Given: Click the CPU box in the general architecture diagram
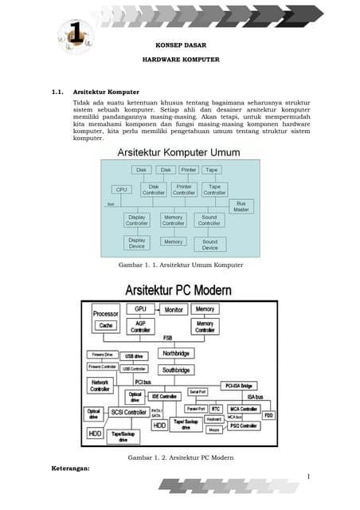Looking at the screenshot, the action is pos(122,190).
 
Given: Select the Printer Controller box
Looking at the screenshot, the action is pos(184,189).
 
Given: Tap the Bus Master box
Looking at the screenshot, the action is pos(241,206).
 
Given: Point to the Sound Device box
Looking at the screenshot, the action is pos(209,243).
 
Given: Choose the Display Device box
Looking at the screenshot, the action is pos(137,243).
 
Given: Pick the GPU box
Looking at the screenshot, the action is pos(140,308).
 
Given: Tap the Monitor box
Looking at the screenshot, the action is pos(174,309).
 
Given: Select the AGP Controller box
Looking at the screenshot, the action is pos(140,326).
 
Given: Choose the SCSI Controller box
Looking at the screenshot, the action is pos(127,412).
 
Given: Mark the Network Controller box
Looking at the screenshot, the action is pos(100,386).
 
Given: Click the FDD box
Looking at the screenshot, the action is pos(269,415).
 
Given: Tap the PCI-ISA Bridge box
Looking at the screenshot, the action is pos(238,385).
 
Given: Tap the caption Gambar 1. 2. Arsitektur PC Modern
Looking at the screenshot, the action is pos(180,457).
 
